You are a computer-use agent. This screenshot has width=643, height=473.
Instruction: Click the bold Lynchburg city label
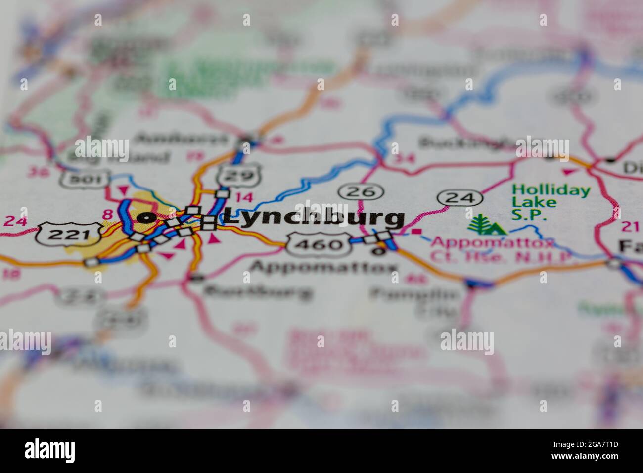(x=314, y=218)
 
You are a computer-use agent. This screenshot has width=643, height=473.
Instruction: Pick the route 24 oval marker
(x=459, y=198)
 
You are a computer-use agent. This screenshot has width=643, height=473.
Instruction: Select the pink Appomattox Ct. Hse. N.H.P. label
(x=500, y=250)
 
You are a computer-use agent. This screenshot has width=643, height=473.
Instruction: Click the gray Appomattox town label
(x=324, y=267)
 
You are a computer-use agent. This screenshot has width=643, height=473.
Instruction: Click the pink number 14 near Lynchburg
(x=244, y=197)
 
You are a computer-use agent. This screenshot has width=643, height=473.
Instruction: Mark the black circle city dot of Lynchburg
(x=146, y=217)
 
